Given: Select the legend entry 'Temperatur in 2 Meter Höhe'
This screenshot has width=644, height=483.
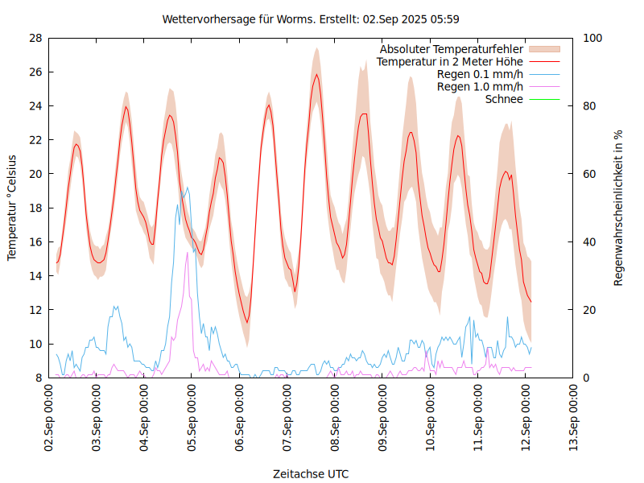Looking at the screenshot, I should pos(450,61).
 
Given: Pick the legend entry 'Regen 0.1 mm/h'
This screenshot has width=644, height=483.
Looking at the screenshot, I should pos(480,74).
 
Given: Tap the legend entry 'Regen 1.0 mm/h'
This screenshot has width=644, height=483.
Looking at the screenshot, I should pos(480,87).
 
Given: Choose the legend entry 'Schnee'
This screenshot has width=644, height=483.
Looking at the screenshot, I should pos(505,99).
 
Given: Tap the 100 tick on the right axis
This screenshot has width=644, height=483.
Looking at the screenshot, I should pos(592,38).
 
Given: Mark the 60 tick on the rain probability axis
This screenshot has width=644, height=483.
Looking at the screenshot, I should pos(590,174).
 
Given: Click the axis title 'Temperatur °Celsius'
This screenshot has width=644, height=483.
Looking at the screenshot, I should pos(12,208).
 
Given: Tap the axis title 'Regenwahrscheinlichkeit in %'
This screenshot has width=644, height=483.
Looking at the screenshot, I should pos(619,208).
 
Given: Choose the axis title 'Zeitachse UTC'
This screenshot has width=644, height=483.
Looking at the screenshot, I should pos(311,473).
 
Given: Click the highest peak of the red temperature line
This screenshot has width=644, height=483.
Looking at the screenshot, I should pos(317,75).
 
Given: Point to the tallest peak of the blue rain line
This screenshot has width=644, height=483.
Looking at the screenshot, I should pos(188,188).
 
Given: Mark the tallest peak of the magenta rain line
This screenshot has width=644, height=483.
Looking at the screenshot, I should pos(188,253).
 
